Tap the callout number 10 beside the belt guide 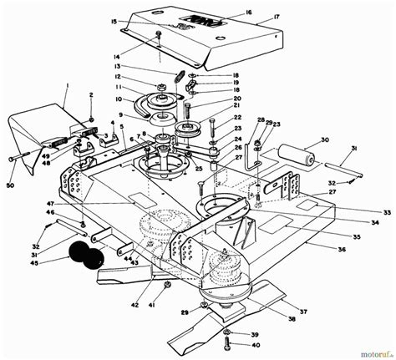tap(119, 98)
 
